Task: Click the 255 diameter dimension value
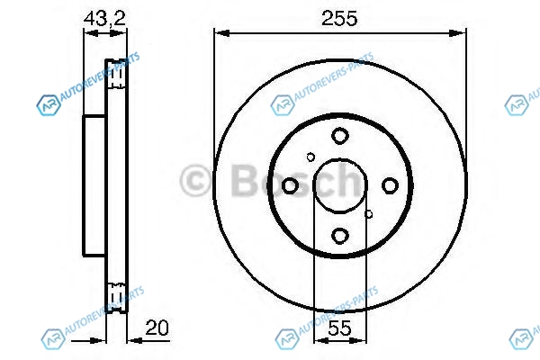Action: (339, 19)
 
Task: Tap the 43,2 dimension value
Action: (104, 18)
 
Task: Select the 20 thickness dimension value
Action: (157, 328)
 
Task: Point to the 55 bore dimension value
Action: (339, 328)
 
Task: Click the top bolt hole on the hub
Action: (340, 136)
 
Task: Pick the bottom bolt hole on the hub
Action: (340, 236)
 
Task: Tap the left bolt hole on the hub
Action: (290, 185)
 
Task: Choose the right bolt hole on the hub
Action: (390, 185)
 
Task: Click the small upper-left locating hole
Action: (310, 157)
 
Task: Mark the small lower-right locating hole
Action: (368, 214)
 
